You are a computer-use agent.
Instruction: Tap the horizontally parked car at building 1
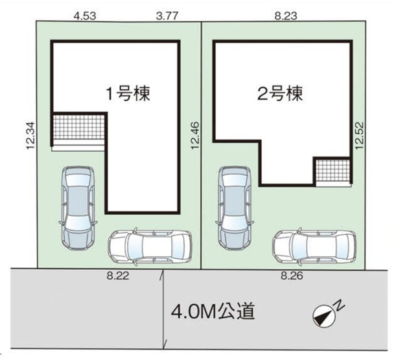(149, 247)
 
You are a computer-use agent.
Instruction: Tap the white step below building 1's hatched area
(78, 147)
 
